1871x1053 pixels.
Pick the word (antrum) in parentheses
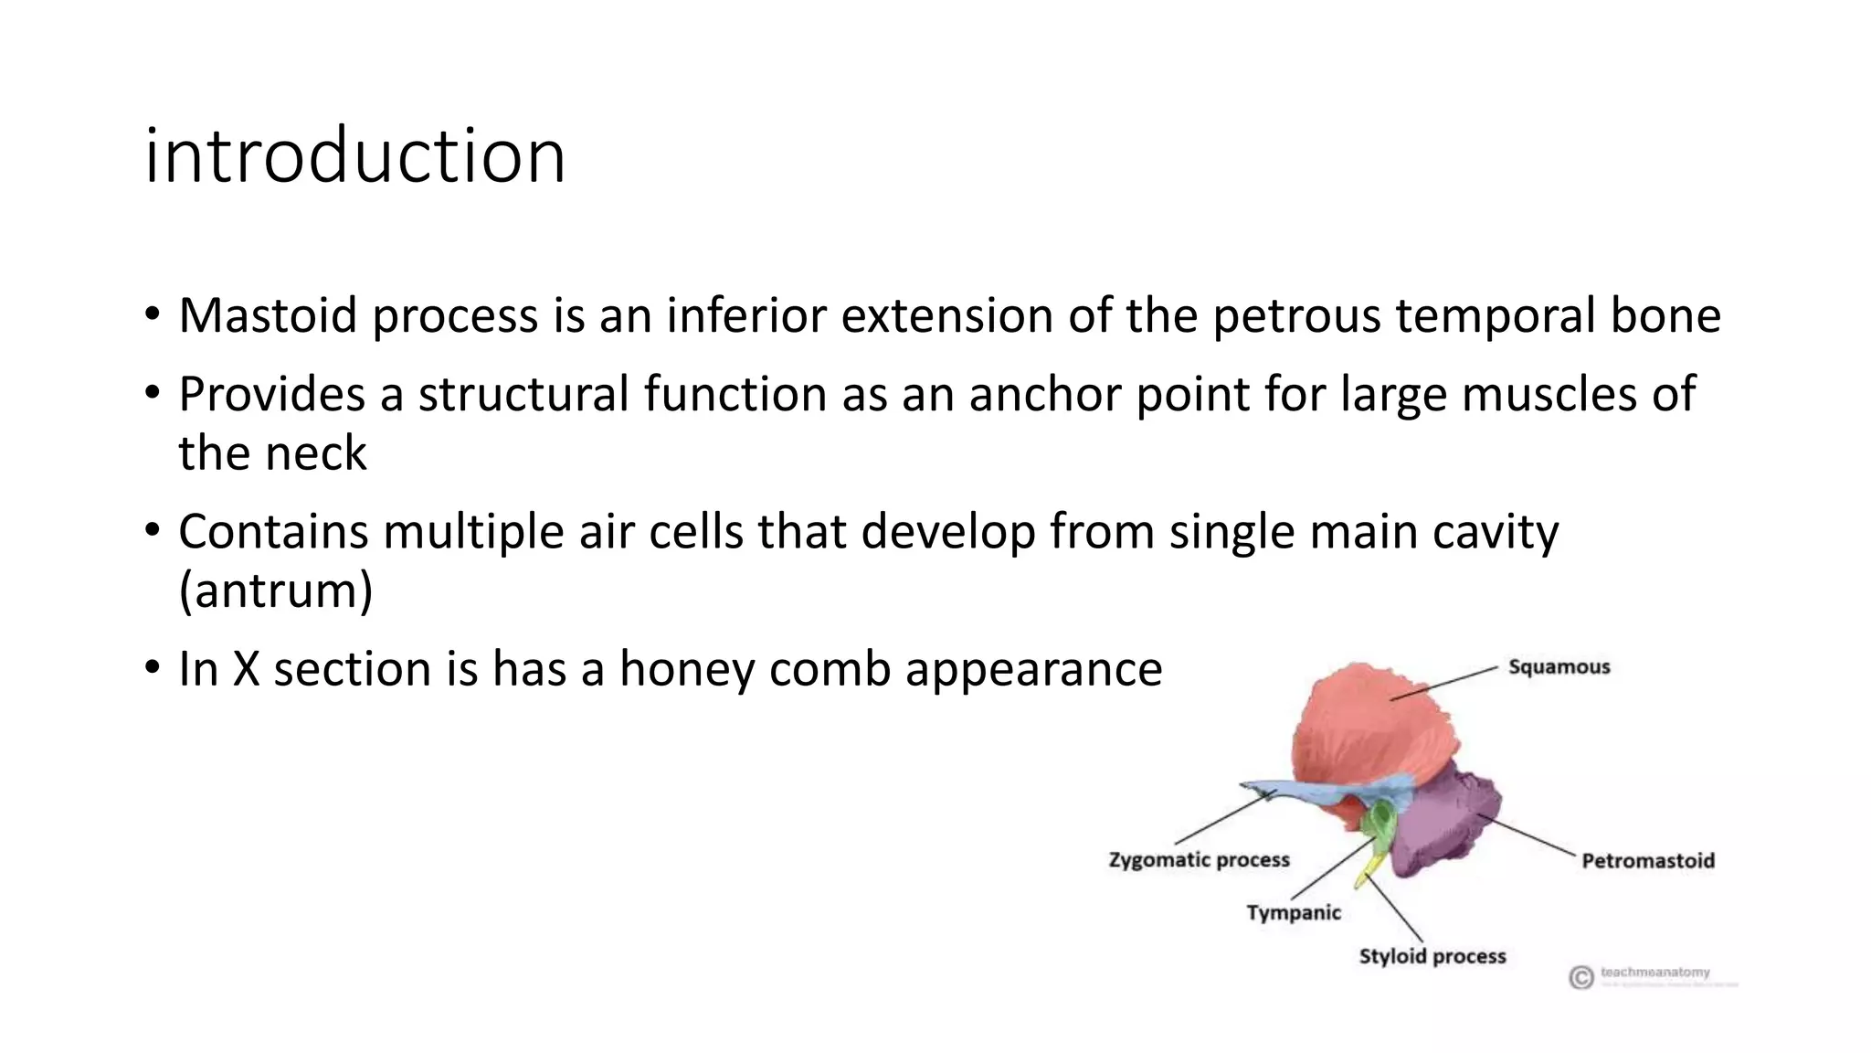[x=276, y=590]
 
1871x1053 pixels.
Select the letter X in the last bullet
[x=246, y=668]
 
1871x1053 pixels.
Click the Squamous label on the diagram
[x=1559, y=666]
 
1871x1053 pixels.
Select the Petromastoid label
[x=1647, y=860]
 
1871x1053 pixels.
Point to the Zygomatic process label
[x=1199, y=859]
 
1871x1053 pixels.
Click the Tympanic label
[x=1293, y=912]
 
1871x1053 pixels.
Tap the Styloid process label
[x=1432, y=956]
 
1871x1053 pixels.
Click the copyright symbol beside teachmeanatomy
[x=1581, y=977]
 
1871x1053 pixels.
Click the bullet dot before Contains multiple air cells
[x=152, y=531]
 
